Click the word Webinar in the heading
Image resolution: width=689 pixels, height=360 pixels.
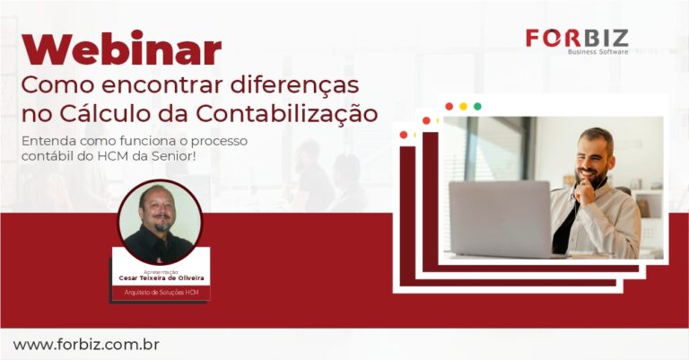point(121,48)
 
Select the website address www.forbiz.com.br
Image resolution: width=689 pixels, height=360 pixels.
point(86,345)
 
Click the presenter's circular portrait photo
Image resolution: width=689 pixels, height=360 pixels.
point(160,222)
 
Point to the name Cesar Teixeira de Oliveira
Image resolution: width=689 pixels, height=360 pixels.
point(161,278)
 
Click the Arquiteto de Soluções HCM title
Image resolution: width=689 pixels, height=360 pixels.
point(161,293)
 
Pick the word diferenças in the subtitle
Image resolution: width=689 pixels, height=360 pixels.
point(295,85)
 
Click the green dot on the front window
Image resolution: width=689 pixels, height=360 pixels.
point(477,106)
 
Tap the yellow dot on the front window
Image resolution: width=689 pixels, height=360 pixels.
point(463,106)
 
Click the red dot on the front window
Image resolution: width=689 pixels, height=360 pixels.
point(449,106)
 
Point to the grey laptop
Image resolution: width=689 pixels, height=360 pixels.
point(501,219)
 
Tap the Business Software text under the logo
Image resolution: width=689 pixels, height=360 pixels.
point(598,52)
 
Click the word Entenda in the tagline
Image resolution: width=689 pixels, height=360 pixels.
point(43,141)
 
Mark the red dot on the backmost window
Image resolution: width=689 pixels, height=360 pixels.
point(404,135)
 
